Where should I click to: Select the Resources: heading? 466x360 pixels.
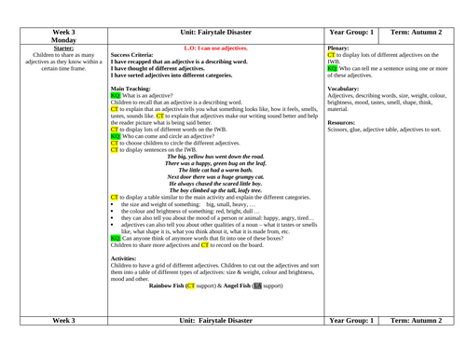tap(346, 122)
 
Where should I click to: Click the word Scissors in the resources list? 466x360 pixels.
tap(342, 130)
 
